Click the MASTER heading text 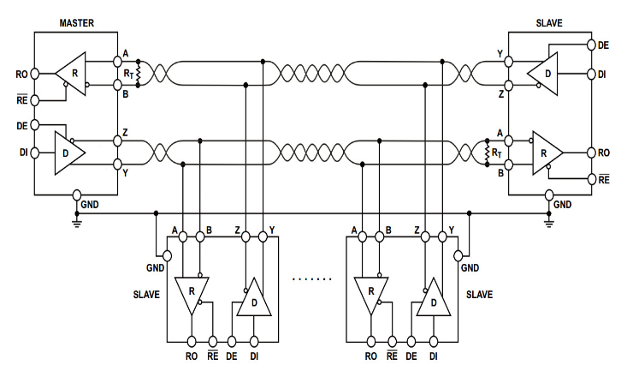76,23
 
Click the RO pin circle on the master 35,75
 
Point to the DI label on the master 22,153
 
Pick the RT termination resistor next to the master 138,74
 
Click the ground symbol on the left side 76,223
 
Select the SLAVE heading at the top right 548,23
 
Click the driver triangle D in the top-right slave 544,73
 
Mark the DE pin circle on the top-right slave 591,44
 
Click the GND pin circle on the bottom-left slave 167,254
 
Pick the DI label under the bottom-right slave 434,355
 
